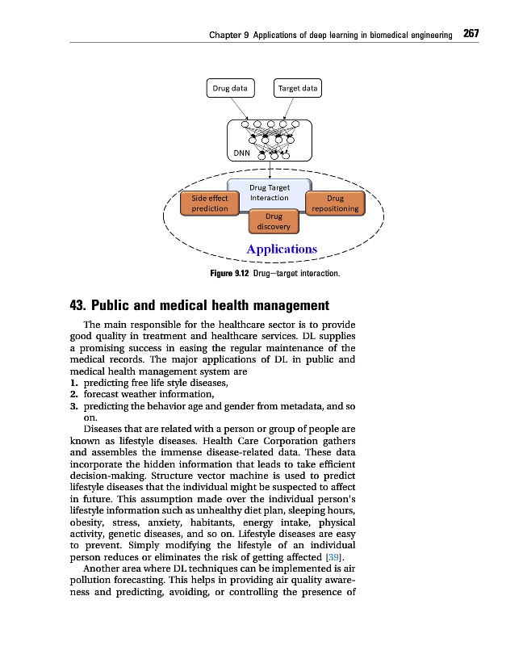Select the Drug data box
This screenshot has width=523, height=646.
tap(229, 87)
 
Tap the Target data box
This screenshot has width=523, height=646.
tap(298, 87)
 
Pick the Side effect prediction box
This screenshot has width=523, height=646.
tap(210, 203)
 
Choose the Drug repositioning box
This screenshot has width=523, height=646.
tap(335, 203)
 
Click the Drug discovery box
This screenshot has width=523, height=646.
tap(274, 221)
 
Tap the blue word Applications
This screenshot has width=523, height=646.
tap(282, 249)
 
